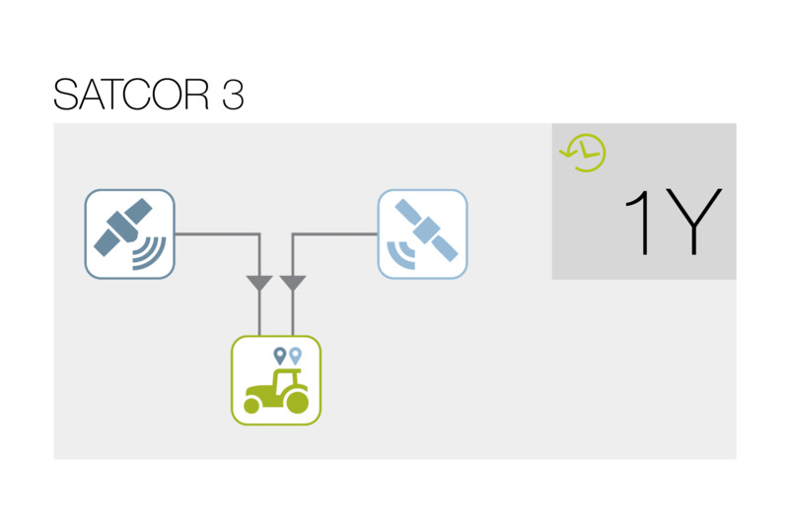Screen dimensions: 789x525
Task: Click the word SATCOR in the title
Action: coord(131,94)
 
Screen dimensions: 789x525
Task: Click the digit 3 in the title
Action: coord(233,94)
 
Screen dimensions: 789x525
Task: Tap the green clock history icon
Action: coord(583,153)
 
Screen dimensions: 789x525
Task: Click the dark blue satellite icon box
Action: coord(130,234)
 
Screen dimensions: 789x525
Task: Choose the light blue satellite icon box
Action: coord(423,234)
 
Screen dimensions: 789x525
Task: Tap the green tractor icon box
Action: coord(276,380)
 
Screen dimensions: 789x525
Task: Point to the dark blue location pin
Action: coord(280,357)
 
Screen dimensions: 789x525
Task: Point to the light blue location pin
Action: coord(295,357)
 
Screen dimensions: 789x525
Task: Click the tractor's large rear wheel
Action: coord(297,402)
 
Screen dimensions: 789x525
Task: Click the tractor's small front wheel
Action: coord(251,406)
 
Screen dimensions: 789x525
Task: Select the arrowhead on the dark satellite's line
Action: coord(259,283)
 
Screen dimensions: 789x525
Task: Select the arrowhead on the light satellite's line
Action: coord(293,283)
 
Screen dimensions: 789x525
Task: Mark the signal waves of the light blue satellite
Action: coord(400,256)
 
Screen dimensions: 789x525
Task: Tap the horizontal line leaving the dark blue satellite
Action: coord(217,234)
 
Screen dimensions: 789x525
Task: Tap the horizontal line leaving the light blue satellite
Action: coord(334,234)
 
